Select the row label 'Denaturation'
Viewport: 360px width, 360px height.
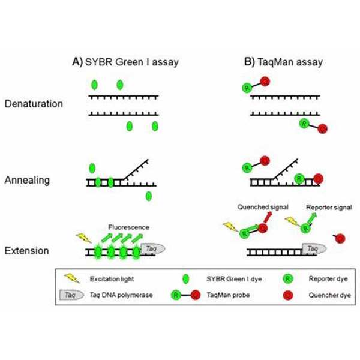[34, 103]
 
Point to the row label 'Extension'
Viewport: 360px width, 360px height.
[28, 250]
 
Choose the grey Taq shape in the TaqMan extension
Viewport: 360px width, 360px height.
[312, 247]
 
